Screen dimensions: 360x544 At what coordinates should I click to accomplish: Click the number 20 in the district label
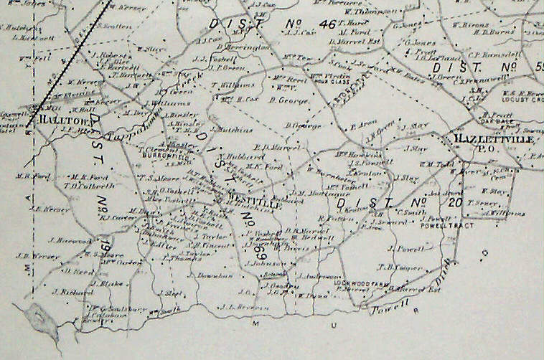tap(454, 204)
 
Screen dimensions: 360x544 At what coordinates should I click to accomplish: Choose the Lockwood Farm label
tap(362, 283)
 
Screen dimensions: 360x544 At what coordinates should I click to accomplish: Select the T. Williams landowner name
tap(228, 85)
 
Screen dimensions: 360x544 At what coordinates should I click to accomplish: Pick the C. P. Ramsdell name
tap(488, 53)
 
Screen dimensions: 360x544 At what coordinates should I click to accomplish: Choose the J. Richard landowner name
tap(71, 293)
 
